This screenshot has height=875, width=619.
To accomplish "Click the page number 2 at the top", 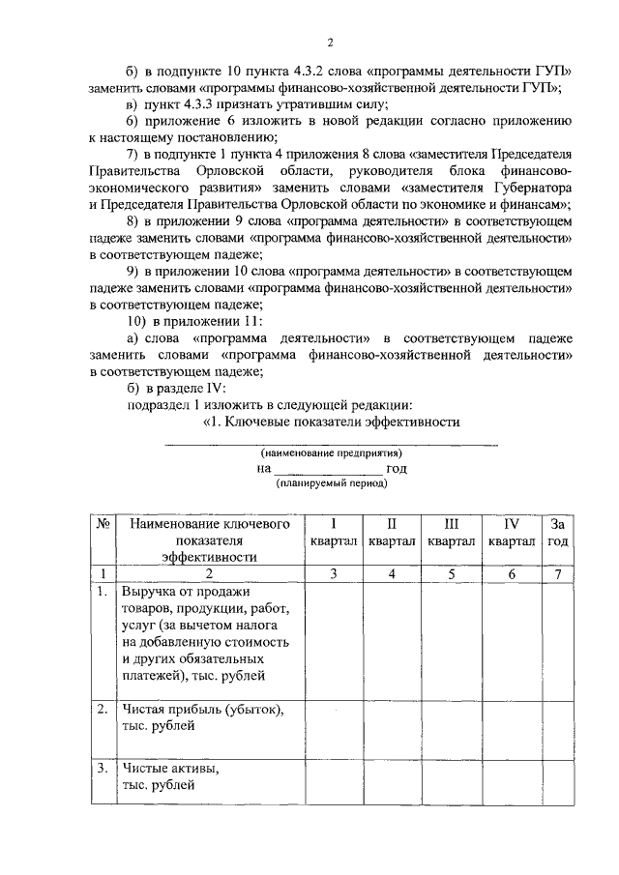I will (329, 42).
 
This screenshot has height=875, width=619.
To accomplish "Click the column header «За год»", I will (557, 532).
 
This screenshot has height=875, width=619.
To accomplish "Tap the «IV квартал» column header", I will (512, 532).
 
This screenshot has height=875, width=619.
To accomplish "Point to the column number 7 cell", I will (557, 573).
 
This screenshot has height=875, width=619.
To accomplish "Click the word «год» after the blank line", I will (397, 468).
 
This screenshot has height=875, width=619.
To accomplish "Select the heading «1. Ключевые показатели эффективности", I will (331, 422).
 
